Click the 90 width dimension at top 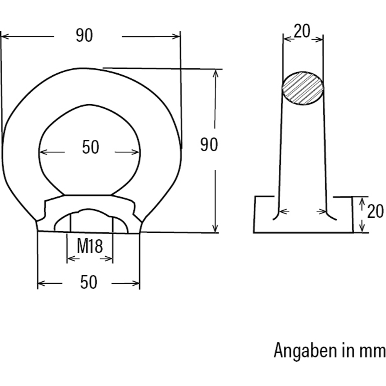pos(84,36)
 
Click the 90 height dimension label pos(209,145)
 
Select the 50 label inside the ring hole pos(91,147)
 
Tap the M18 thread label pos(90,246)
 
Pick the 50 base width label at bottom pos(88,283)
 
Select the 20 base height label pos(375,212)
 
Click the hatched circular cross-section pos(303,88)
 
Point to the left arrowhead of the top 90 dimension pos(4,37)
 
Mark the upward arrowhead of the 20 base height pos(362,201)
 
